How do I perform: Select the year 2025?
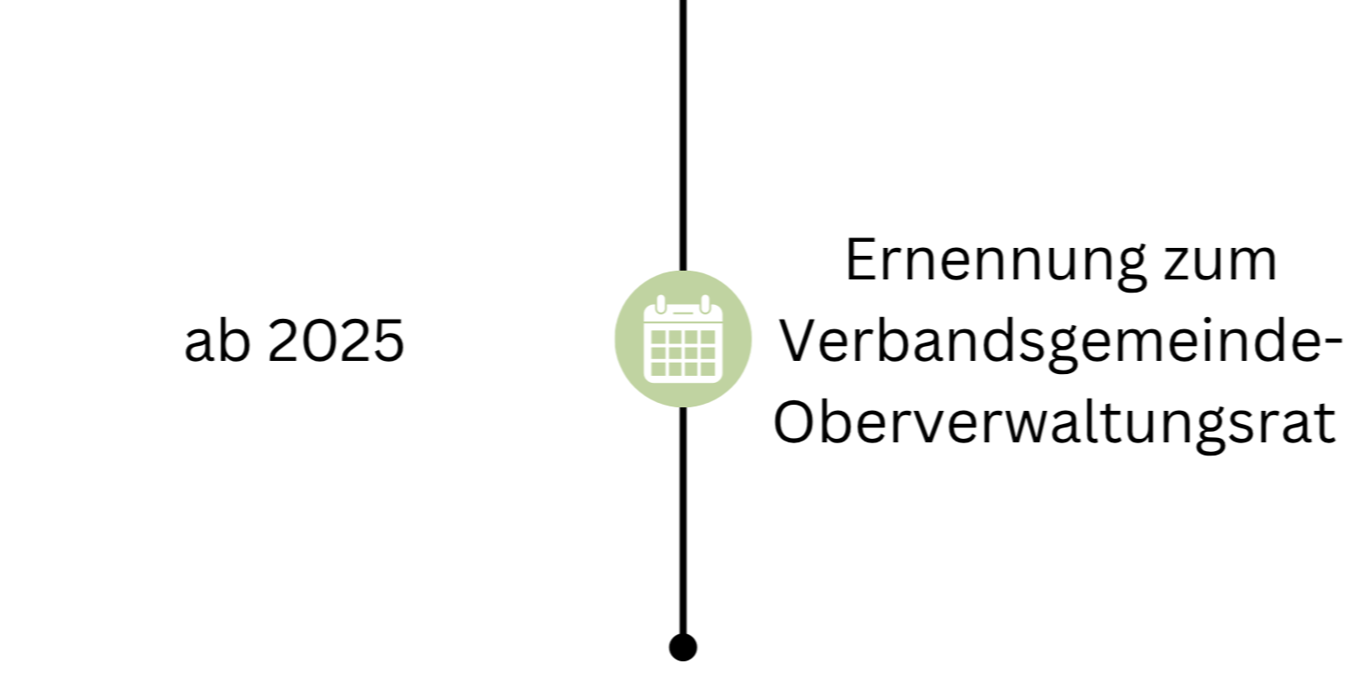(x=335, y=342)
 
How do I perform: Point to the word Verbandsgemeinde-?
(x=1061, y=342)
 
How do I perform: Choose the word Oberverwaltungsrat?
(x=1055, y=424)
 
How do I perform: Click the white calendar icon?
(x=683, y=340)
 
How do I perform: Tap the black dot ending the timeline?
(x=683, y=647)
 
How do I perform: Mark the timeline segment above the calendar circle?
(x=683, y=131)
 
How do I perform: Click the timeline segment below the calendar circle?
(x=683, y=517)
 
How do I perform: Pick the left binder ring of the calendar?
(x=661, y=304)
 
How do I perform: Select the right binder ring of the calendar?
(x=705, y=304)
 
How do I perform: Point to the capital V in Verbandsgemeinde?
(x=797, y=342)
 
